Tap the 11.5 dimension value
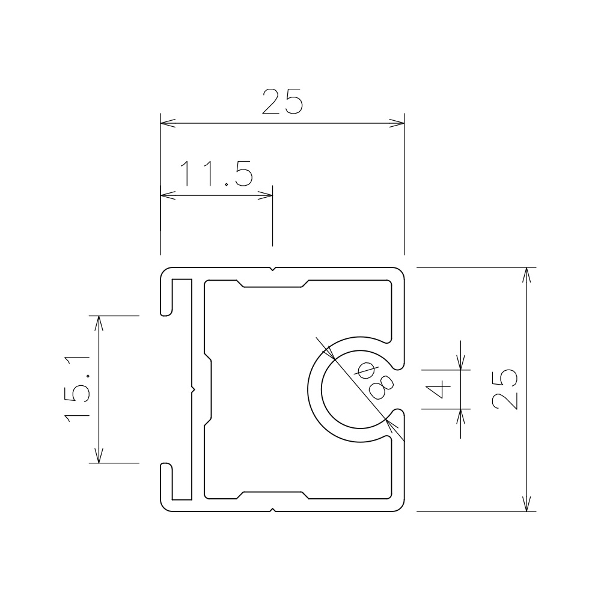216,173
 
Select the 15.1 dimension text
78,389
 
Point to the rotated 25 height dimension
504,389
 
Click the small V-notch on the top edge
272,269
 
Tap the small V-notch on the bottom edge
272,510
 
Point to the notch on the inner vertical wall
193,390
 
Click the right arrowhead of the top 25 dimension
397,123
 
